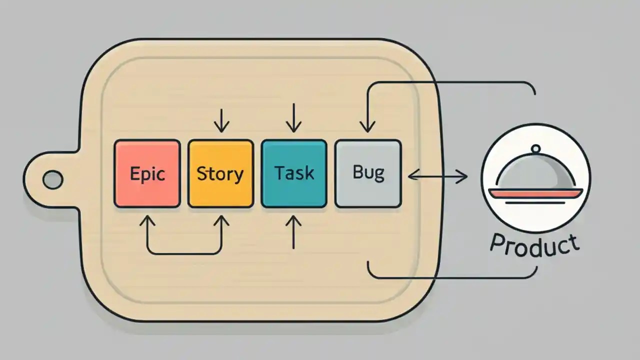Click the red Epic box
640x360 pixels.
click(147, 173)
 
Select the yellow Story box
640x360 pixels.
click(220, 173)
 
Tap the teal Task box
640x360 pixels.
click(294, 173)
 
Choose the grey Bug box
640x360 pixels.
click(368, 173)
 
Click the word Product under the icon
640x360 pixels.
click(534, 244)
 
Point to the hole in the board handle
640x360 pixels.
click(52, 179)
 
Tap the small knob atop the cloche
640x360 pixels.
click(535, 148)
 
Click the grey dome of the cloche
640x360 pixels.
click(535, 172)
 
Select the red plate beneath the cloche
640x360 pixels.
click(535, 193)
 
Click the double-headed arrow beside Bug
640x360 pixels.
click(437, 175)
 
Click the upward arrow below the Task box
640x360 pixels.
click(294, 232)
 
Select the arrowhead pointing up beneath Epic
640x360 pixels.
click(147, 220)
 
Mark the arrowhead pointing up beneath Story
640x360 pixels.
click(221, 220)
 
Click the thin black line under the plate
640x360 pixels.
click(535, 203)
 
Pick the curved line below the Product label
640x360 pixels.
click(450, 276)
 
